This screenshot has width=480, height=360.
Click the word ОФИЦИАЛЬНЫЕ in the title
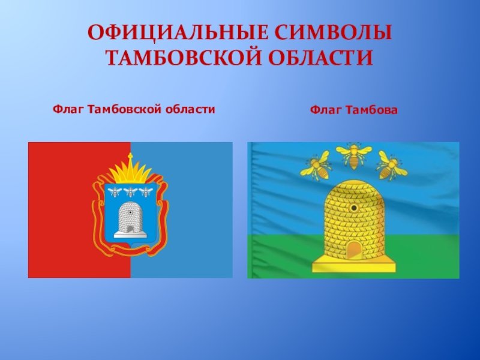pyautogui.click(x=177, y=32)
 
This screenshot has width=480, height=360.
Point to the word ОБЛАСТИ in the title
pyautogui.click(x=321, y=58)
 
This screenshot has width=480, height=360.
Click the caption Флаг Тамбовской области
pyautogui.click(x=134, y=109)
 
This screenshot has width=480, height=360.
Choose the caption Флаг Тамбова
pyautogui.click(x=353, y=110)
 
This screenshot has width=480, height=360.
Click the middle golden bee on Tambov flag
pyautogui.click(x=353, y=156)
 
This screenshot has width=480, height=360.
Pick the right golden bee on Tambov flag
pyautogui.click(x=392, y=166)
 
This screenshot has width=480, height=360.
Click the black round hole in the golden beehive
pyautogui.click(x=354, y=208)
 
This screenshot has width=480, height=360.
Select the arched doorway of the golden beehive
pyautogui.click(x=354, y=250)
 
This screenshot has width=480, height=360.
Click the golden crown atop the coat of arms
pyautogui.click(x=130, y=172)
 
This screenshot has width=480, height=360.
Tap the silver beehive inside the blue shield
pyautogui.click(x=130, y=220)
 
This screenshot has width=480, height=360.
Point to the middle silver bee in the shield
pyautogui.click(x=130, y=192)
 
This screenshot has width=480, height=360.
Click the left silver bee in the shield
pyautogui.click(x=115, y=192)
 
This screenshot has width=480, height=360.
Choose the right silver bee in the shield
pyautogui.click(x=146, y=192)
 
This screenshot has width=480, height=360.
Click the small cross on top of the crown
pyautogui.click(x=130, y=157)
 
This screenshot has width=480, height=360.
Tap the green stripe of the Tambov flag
pyautogui.click(x=353, y=256)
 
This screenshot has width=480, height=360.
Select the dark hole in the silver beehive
pyautogui.click(x=130, y=212)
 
